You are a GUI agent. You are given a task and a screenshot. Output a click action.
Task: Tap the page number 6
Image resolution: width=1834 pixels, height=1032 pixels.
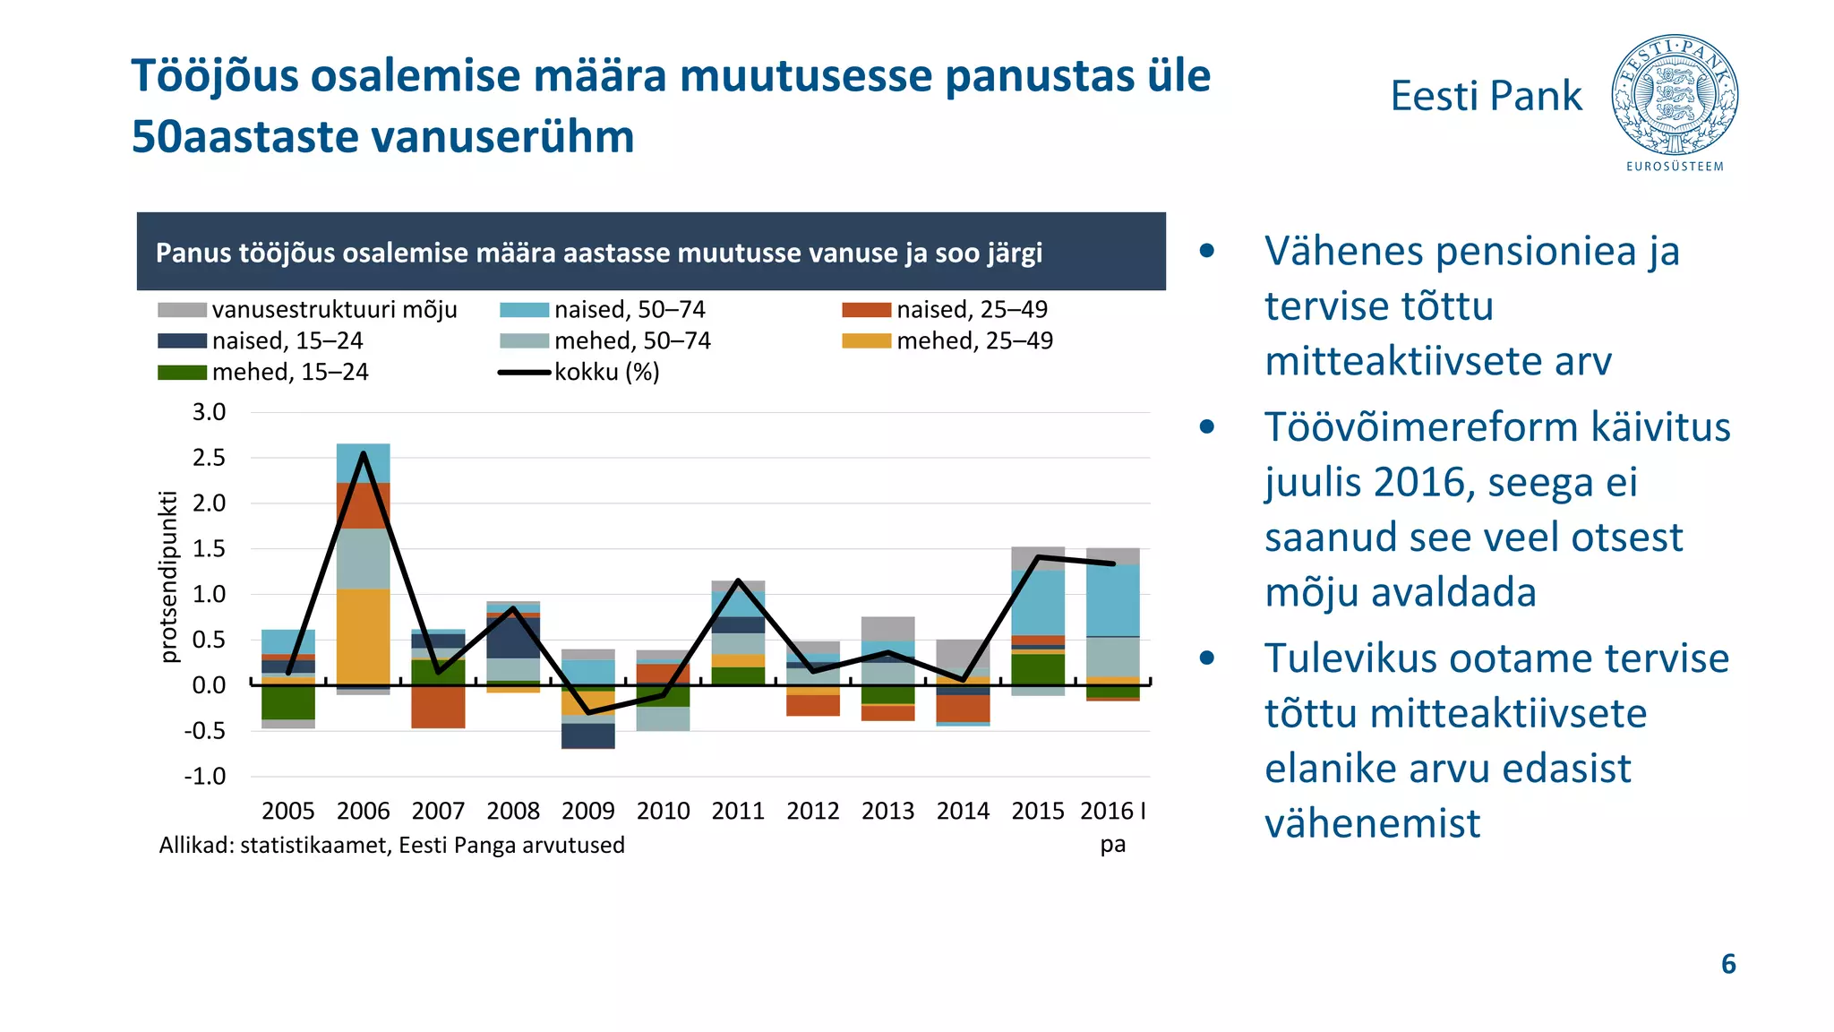1728,964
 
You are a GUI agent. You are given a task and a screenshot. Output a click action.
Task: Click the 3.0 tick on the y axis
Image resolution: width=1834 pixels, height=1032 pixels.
209,412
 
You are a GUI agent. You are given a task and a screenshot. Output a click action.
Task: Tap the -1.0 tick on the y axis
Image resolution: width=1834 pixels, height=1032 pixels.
205,776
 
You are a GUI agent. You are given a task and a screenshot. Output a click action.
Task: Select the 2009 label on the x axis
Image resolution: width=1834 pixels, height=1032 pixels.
587,811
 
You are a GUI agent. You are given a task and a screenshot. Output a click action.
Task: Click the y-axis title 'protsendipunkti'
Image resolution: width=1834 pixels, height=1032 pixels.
168,577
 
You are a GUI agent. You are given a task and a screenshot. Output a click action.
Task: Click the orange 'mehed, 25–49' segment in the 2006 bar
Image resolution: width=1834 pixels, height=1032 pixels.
363,636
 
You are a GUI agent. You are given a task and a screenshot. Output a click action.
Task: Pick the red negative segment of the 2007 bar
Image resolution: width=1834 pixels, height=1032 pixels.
438,707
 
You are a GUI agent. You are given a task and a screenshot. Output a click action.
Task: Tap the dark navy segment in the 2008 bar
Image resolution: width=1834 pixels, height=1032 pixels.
513,638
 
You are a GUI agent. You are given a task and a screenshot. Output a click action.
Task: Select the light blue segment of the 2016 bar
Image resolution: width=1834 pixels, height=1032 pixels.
1112,600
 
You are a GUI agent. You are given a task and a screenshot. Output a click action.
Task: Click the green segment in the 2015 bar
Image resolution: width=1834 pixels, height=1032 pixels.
1038,668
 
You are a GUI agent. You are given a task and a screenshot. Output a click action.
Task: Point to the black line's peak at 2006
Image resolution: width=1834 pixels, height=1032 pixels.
364,453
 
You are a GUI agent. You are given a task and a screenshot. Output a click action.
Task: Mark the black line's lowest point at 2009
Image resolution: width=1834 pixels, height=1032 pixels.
588,713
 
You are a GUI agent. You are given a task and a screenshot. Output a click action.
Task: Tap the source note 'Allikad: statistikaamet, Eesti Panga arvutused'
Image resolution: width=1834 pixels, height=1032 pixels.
391,845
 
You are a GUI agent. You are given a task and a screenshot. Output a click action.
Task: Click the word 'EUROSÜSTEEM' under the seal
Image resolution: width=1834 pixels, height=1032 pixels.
1675,167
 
